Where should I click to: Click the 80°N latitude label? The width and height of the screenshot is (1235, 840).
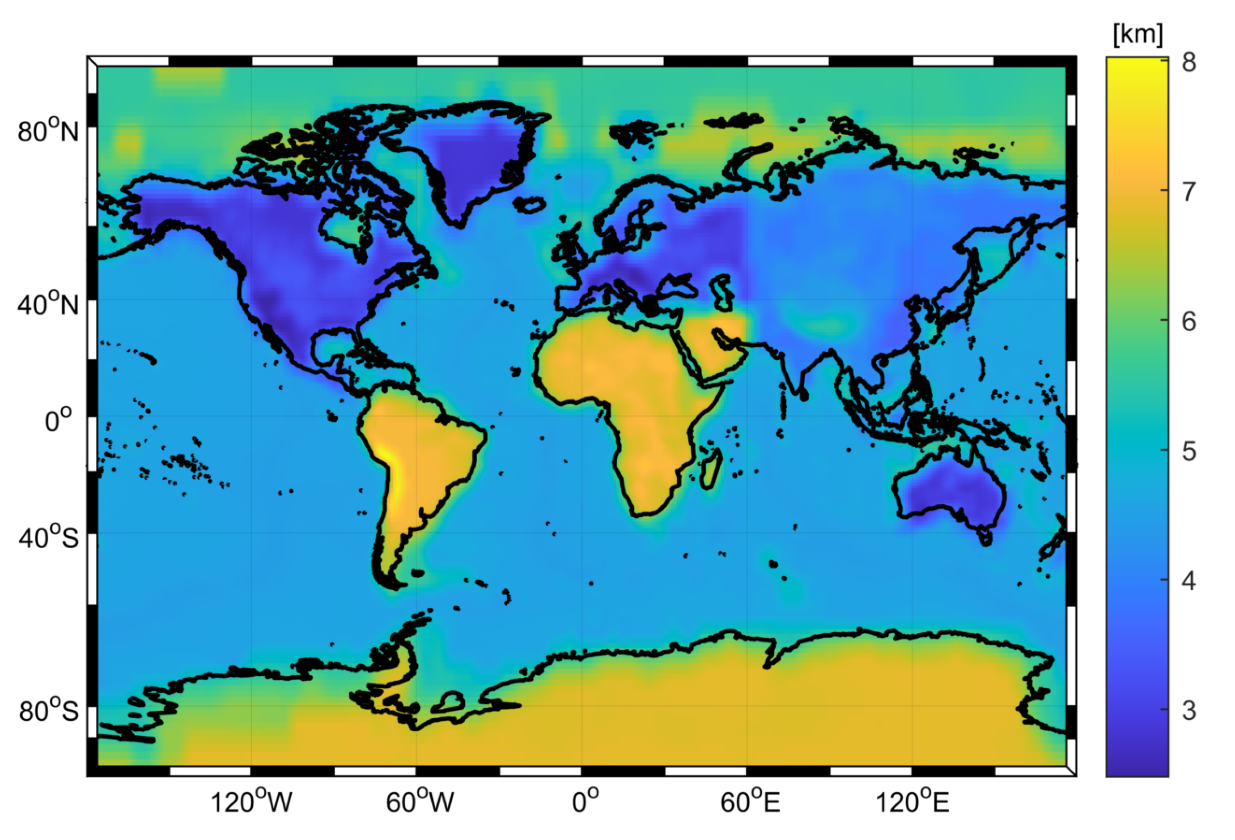[x=48, y=131]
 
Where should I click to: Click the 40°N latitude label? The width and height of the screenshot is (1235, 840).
[x=48, y=305]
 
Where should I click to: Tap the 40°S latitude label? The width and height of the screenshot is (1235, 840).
[x=48, y=538]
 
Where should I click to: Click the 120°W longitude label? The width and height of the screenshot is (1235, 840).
[x=251, y=802]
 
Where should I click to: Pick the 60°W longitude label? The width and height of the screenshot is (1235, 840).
[x=420, y=802]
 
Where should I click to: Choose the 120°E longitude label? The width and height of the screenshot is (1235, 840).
[x=912, y=802]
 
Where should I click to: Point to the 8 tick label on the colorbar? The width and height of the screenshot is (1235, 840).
[x=1189, y=63]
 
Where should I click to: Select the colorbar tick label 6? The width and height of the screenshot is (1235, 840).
[x=1189, y=321]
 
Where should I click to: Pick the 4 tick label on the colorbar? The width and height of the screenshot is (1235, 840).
[x=1189, y=580]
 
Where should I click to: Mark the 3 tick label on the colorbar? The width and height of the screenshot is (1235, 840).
[x=1189, y=710]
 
